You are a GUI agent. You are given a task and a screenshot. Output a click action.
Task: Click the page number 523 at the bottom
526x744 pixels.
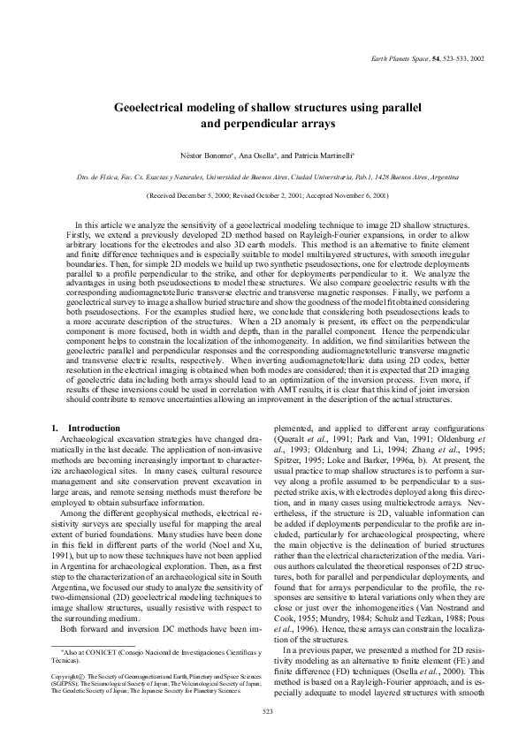(x=263, y=735)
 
